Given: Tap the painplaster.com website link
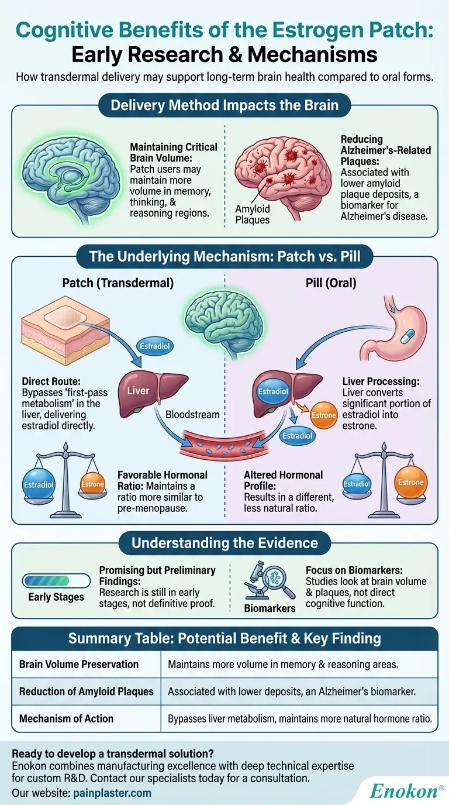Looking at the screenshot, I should click(x=112, y=793).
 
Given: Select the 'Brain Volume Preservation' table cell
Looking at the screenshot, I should click(x=79, y=664).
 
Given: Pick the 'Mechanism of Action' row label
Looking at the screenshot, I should click(x=67, y=718).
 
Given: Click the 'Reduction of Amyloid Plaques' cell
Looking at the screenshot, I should click(x=86, y=692).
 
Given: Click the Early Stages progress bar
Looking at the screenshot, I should click(x=56, y=580).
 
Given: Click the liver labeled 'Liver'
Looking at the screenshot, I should click(x=148, y=390).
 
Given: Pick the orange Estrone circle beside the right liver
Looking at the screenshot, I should click(x=323, y=415).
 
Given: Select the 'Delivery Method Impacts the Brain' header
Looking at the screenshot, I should click(x=225, y=106).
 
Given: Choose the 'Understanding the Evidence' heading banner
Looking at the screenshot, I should click(x=224, y=543).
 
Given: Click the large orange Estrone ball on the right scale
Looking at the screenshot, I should click(x=410, y=483).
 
